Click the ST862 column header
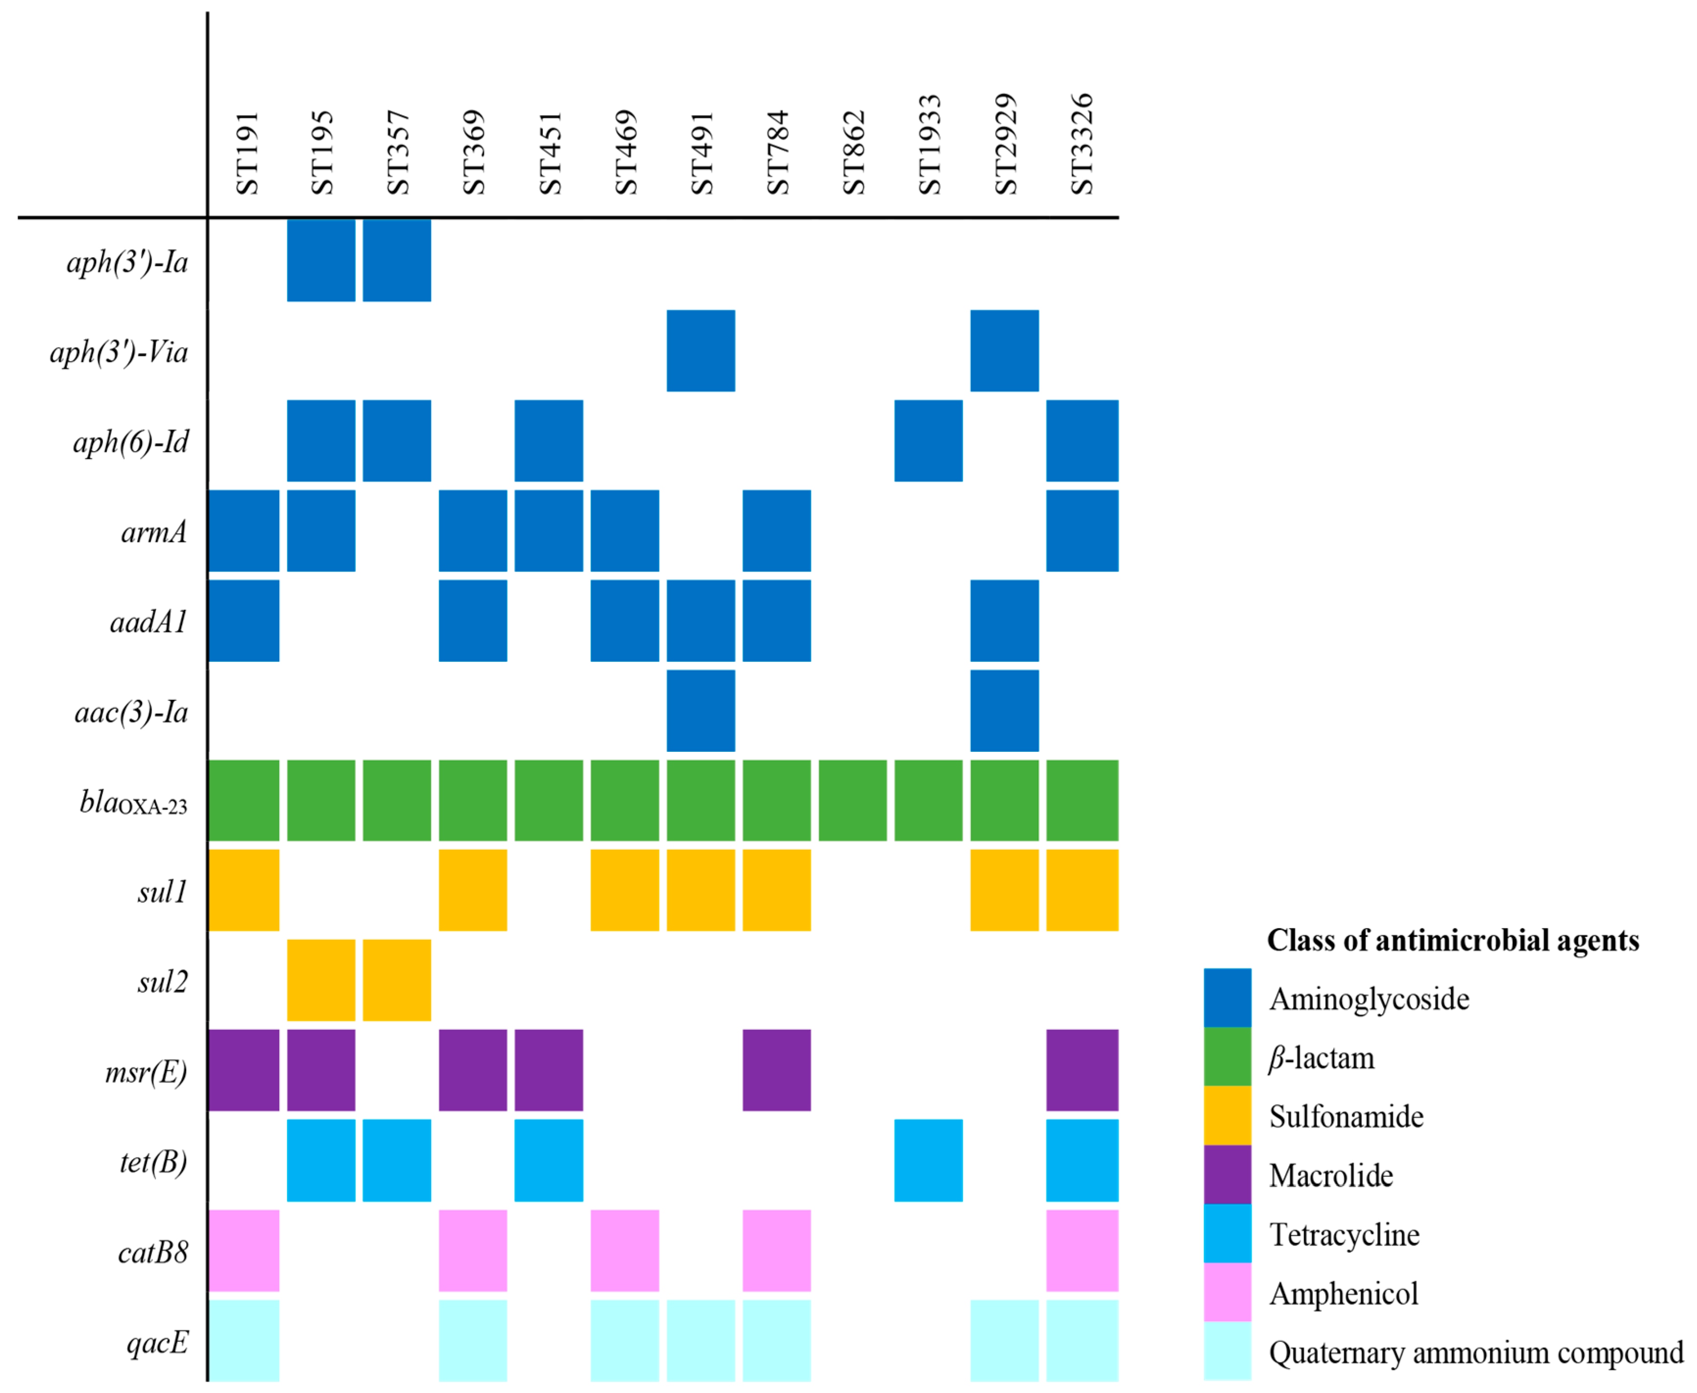853,152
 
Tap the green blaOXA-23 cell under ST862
853,800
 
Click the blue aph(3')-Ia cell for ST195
321,260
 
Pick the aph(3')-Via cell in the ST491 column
701,350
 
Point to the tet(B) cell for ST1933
928,1161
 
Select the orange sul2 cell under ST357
397,980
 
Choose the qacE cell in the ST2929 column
1004,1341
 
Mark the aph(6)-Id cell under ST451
548,441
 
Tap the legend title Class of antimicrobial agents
1452,940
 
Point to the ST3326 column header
1081,144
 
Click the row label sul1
162,891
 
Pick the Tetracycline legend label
1344,1234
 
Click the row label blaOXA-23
133,802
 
